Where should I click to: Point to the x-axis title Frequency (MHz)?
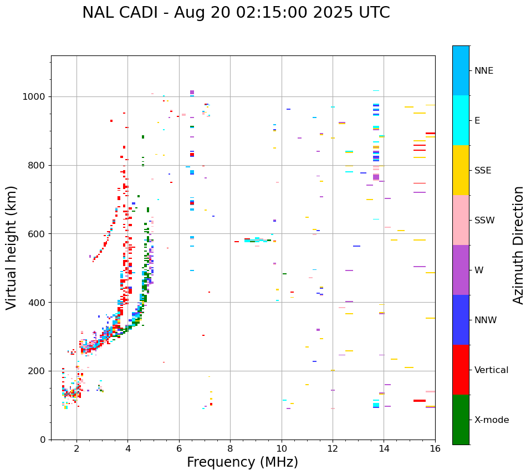(x=242, y=462)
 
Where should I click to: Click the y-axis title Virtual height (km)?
(x=12, y=247)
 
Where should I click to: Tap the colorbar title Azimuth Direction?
(x=518, y=244)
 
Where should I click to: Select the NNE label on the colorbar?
(x=483, y=71)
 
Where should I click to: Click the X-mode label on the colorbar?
(x=491, y=420)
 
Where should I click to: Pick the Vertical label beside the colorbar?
(x=491, y=370)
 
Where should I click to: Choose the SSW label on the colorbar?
(x=484, y=221)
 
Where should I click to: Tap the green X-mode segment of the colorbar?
(x=461, y=420)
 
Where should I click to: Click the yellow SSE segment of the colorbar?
(x=461, y=170)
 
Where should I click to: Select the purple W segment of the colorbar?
(x=461, y=270)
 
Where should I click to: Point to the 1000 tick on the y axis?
(x=34, y=97)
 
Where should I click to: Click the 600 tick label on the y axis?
(x=37, y=234)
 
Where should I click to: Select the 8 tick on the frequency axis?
(x=230, y=449)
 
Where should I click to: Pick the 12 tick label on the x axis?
(x=333, y=449)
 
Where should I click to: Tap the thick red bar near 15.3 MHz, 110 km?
(x=419, y=401)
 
